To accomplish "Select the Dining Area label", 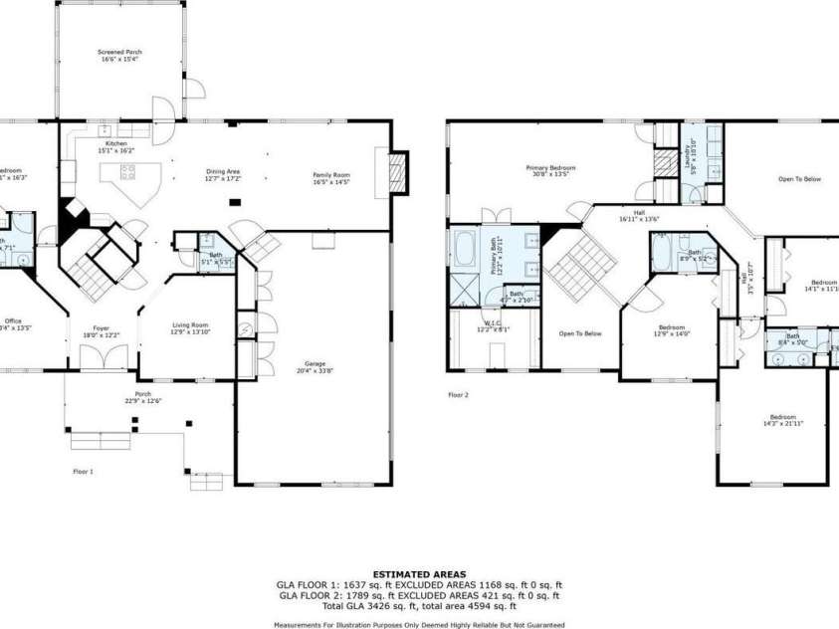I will [223, 170].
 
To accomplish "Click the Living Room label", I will [190, 325].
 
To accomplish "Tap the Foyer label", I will [102, 329].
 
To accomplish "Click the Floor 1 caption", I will [83, 471].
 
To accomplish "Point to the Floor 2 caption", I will [458, 395].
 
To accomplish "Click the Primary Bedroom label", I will [550, 168].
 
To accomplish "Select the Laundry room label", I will [688, 155].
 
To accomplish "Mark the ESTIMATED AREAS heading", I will [419, 574].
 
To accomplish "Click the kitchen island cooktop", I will [127, 172].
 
